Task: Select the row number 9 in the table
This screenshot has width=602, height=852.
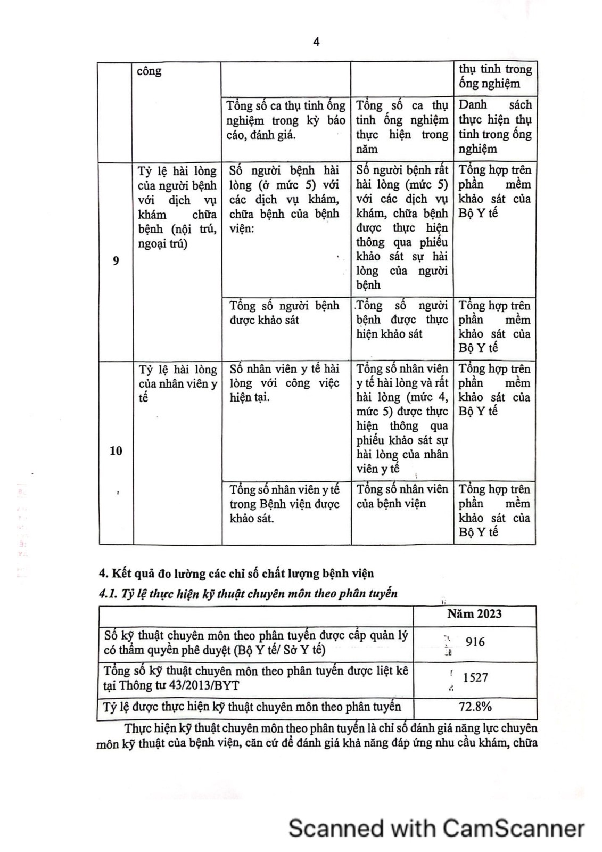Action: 116,260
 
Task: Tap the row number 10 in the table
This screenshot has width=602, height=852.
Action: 116,451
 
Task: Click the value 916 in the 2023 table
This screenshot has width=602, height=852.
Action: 475,642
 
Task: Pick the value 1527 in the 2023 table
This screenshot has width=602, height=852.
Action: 475,677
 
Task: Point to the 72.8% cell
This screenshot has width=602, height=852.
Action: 475,707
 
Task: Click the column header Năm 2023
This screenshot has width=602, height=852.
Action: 474,613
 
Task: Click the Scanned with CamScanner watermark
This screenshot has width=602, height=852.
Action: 436,829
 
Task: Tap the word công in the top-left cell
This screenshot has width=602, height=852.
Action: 149,71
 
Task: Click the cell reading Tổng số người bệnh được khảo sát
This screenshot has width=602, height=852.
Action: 284,313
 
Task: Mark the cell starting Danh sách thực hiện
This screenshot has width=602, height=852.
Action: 495,127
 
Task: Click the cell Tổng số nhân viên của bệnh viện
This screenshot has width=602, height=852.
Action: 402,496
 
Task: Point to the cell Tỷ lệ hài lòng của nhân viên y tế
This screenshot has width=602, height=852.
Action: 177,383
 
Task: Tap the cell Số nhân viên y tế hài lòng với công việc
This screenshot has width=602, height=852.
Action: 284,383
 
